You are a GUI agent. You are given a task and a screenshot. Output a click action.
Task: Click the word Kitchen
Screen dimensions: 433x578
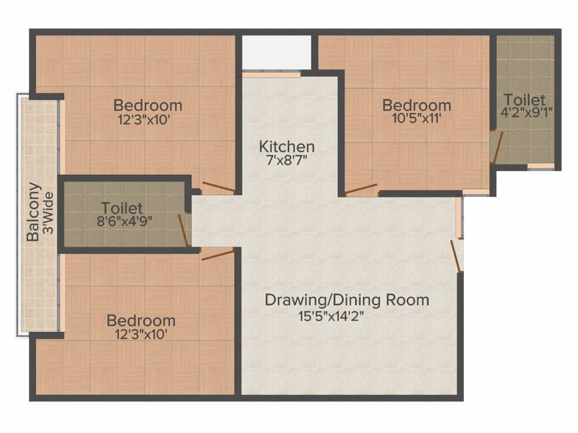point(287,147)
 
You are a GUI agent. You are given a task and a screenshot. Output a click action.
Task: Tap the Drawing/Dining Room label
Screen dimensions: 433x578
point(347,300)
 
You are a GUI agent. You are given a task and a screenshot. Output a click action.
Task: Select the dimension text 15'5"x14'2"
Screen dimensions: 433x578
point(331,316)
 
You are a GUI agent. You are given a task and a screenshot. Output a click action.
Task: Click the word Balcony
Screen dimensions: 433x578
point(34,211)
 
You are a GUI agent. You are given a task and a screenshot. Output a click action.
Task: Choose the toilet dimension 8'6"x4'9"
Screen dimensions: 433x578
point(124,221)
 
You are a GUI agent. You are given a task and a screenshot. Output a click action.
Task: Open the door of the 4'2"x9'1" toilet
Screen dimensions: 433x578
point(495,147)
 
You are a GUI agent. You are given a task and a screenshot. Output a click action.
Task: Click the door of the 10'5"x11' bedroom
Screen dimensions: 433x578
point(361,189)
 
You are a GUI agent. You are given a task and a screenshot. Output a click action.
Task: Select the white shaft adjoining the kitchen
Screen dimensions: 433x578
point(277,52)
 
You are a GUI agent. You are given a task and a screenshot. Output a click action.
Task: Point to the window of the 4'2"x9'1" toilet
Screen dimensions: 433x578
point(541,166)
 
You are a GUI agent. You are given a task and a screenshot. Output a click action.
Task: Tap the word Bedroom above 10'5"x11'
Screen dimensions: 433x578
point(417,105)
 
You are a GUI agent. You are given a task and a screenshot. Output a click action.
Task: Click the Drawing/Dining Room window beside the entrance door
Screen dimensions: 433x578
point(461,217)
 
